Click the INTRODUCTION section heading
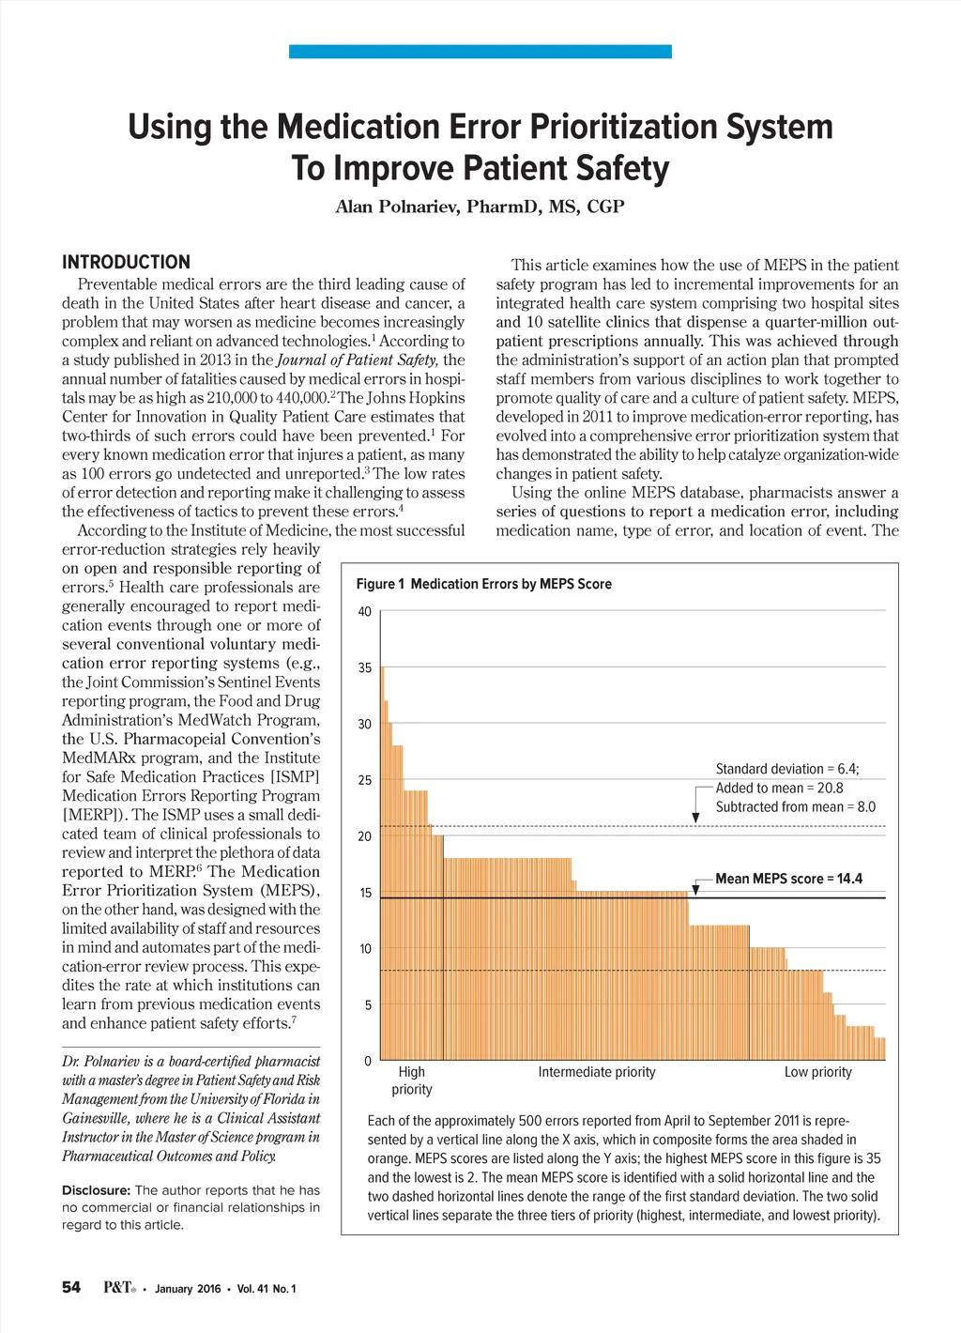click(126, 262)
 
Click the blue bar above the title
click(480, 52)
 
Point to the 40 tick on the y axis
click(364, 612)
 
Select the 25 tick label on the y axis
click(364, 780)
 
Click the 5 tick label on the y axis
click(367, 1005)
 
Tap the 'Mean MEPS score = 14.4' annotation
click(788, 879)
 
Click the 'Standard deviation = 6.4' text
click(786, 769)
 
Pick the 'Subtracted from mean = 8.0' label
click(795, 806)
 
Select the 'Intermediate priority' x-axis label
click(597, 1072)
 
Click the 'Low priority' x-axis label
click(817, 1072)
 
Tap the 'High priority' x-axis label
click(412, 1080)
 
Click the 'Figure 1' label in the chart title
click(380, 584)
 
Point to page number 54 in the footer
click(71, 1287)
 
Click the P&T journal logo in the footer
click(118, 1287)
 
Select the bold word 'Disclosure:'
click(96, 1190)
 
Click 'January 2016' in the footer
click(188, 1289)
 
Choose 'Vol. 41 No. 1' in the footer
click(267, 1289)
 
